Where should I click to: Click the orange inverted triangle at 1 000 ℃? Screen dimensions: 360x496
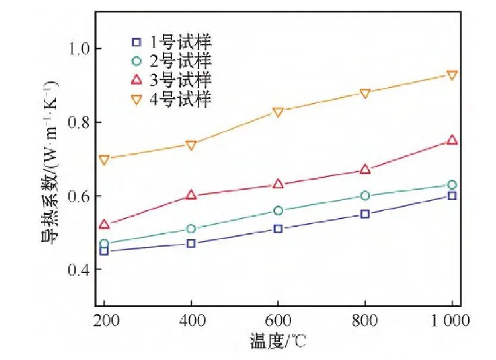(452, 76)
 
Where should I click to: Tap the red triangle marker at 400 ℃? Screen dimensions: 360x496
(192, 195)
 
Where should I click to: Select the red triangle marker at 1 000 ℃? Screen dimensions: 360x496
(452, 140)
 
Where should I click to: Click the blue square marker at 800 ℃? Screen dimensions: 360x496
(365, 214)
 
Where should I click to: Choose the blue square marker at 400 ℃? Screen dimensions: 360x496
(192, 243)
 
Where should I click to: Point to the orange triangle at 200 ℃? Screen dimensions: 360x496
(105, 160)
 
